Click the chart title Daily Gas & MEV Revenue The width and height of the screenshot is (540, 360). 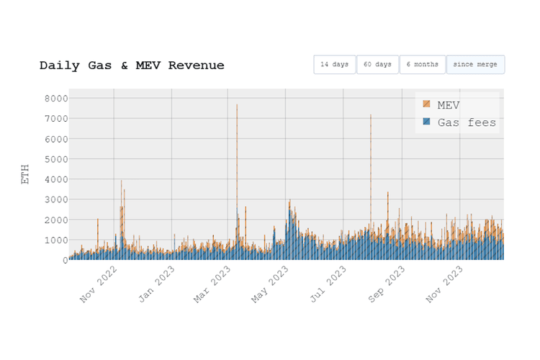pos(132,66)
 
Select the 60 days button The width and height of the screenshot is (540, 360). pos(377,65)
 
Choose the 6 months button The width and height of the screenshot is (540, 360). pos(422,65)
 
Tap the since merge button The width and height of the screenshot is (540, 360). pos(475,65)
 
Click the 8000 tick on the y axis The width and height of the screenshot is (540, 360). pos(55,98)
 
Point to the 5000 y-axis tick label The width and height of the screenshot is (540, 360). pos(55,158)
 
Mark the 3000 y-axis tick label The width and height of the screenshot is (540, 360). pos(55,199)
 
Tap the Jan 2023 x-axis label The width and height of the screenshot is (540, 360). pos(157,286)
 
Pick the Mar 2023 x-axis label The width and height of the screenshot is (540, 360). pos(213,286)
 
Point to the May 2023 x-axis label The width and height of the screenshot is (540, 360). pos(271,286)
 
